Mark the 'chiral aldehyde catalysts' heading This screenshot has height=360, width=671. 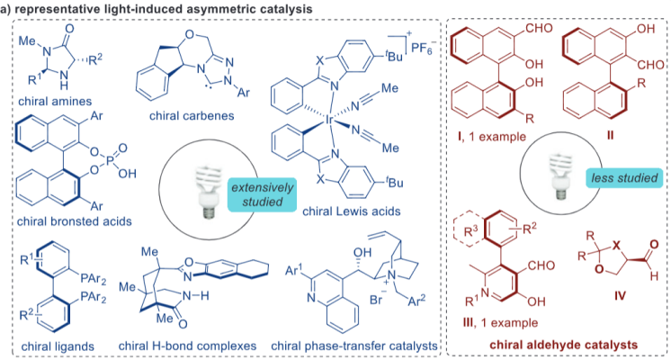(563, 343)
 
